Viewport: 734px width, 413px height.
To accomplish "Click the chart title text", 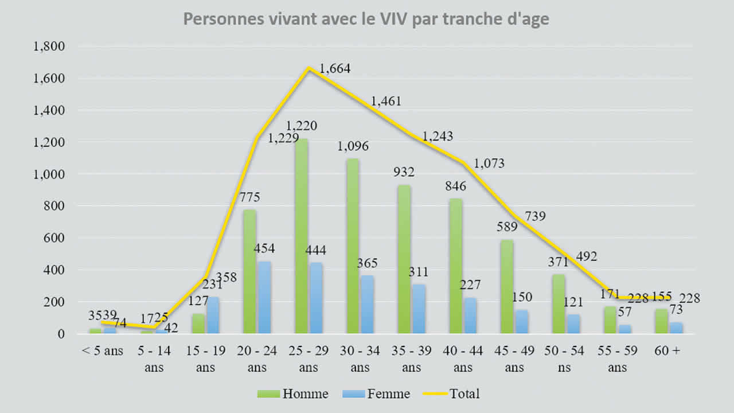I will (366, 20).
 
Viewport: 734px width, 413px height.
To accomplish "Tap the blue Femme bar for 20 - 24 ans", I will (264, 297).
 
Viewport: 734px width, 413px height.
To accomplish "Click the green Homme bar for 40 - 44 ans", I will (455, 265).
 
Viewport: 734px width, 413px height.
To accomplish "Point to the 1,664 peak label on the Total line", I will (335, 69).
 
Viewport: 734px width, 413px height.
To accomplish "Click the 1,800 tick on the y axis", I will (50, 46).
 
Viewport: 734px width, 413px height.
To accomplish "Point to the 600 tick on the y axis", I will (56, 237).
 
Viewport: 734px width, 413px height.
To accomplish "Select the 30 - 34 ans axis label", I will (360, 359).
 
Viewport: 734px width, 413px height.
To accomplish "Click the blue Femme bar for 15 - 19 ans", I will (213, 315).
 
